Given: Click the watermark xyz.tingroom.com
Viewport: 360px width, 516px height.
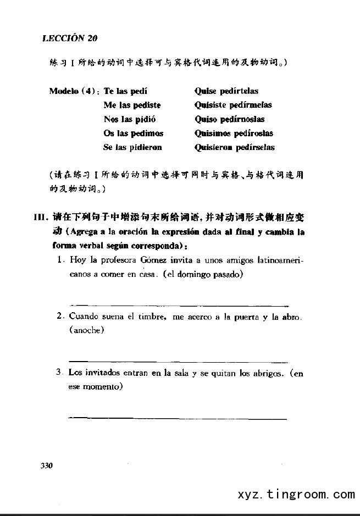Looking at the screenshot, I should (x=296, y=495).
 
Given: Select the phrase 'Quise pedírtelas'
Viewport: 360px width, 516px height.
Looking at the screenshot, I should (x=226, y=91).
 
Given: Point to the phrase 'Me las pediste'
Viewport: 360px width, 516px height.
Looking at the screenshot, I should (x=132, y=105).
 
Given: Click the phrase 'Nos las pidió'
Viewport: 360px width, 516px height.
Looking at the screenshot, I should (x=130, y=119).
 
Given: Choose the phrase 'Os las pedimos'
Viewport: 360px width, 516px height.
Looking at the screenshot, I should (x=133, y=134).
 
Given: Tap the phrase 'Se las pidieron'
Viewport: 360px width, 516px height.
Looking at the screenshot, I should (x=132, y=147).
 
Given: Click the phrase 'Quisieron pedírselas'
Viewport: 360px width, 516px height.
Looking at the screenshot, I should (x=235, y=147).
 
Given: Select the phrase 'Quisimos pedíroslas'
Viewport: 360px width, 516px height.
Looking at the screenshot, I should (x=234, y=134).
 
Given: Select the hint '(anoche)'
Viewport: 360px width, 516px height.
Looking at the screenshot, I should (x=87, y=330).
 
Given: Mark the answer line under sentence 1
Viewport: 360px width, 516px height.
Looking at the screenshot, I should (x=179, y=305).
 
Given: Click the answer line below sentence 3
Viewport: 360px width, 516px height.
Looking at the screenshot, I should (x=177, y=419).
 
